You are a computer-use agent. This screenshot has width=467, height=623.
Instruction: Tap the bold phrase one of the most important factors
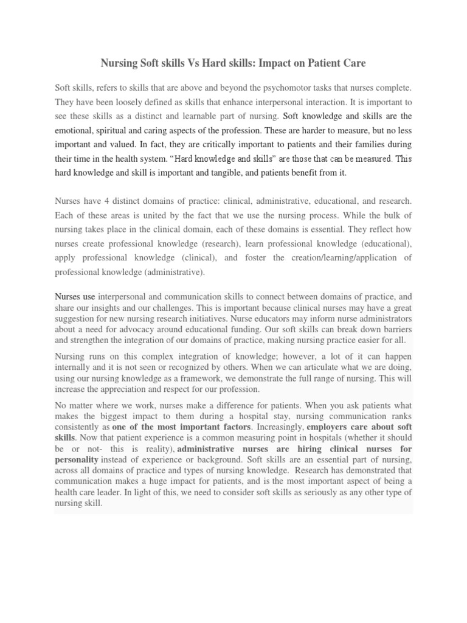(173, 427)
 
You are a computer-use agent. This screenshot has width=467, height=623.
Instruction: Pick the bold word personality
(76, 459)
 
